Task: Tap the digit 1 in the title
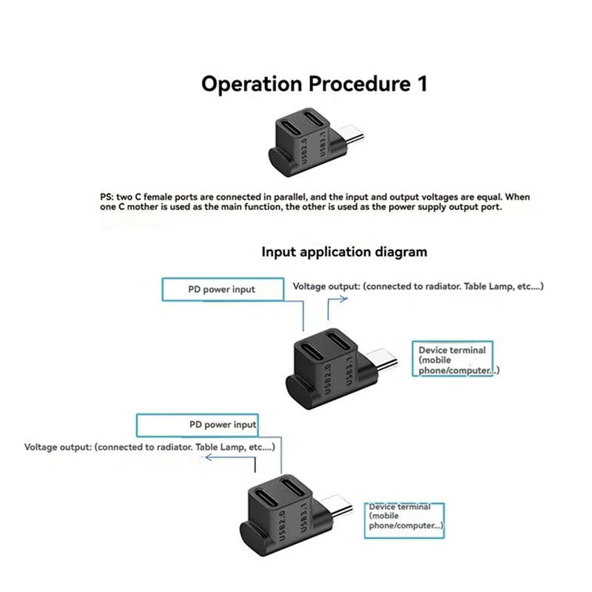click(421, 83)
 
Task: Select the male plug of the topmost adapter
click(352, 136)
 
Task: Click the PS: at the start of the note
click(107, 197)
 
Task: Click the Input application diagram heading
click(344, 252)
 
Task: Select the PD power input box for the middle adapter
click(221, 289)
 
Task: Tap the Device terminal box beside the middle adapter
click(452, 360)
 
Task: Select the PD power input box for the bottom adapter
click(198, 425)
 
